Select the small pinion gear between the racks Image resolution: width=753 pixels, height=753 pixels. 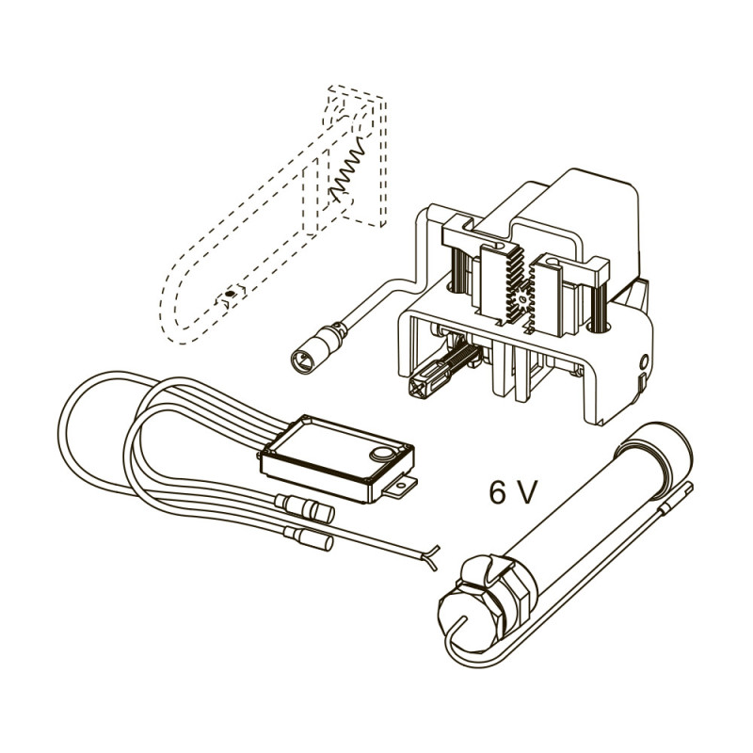pyautogui.click(x=522, y=300)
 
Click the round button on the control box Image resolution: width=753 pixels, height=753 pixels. pyautogui.click(x=382, y=453)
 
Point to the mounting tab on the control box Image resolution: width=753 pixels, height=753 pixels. pyautogui.click(x=399, y=487)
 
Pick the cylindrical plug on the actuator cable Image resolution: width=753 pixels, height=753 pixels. pyautogui.click(x=316, y=348)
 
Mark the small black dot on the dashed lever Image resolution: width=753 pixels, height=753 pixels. pyautogui.click(x=230, y=294)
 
